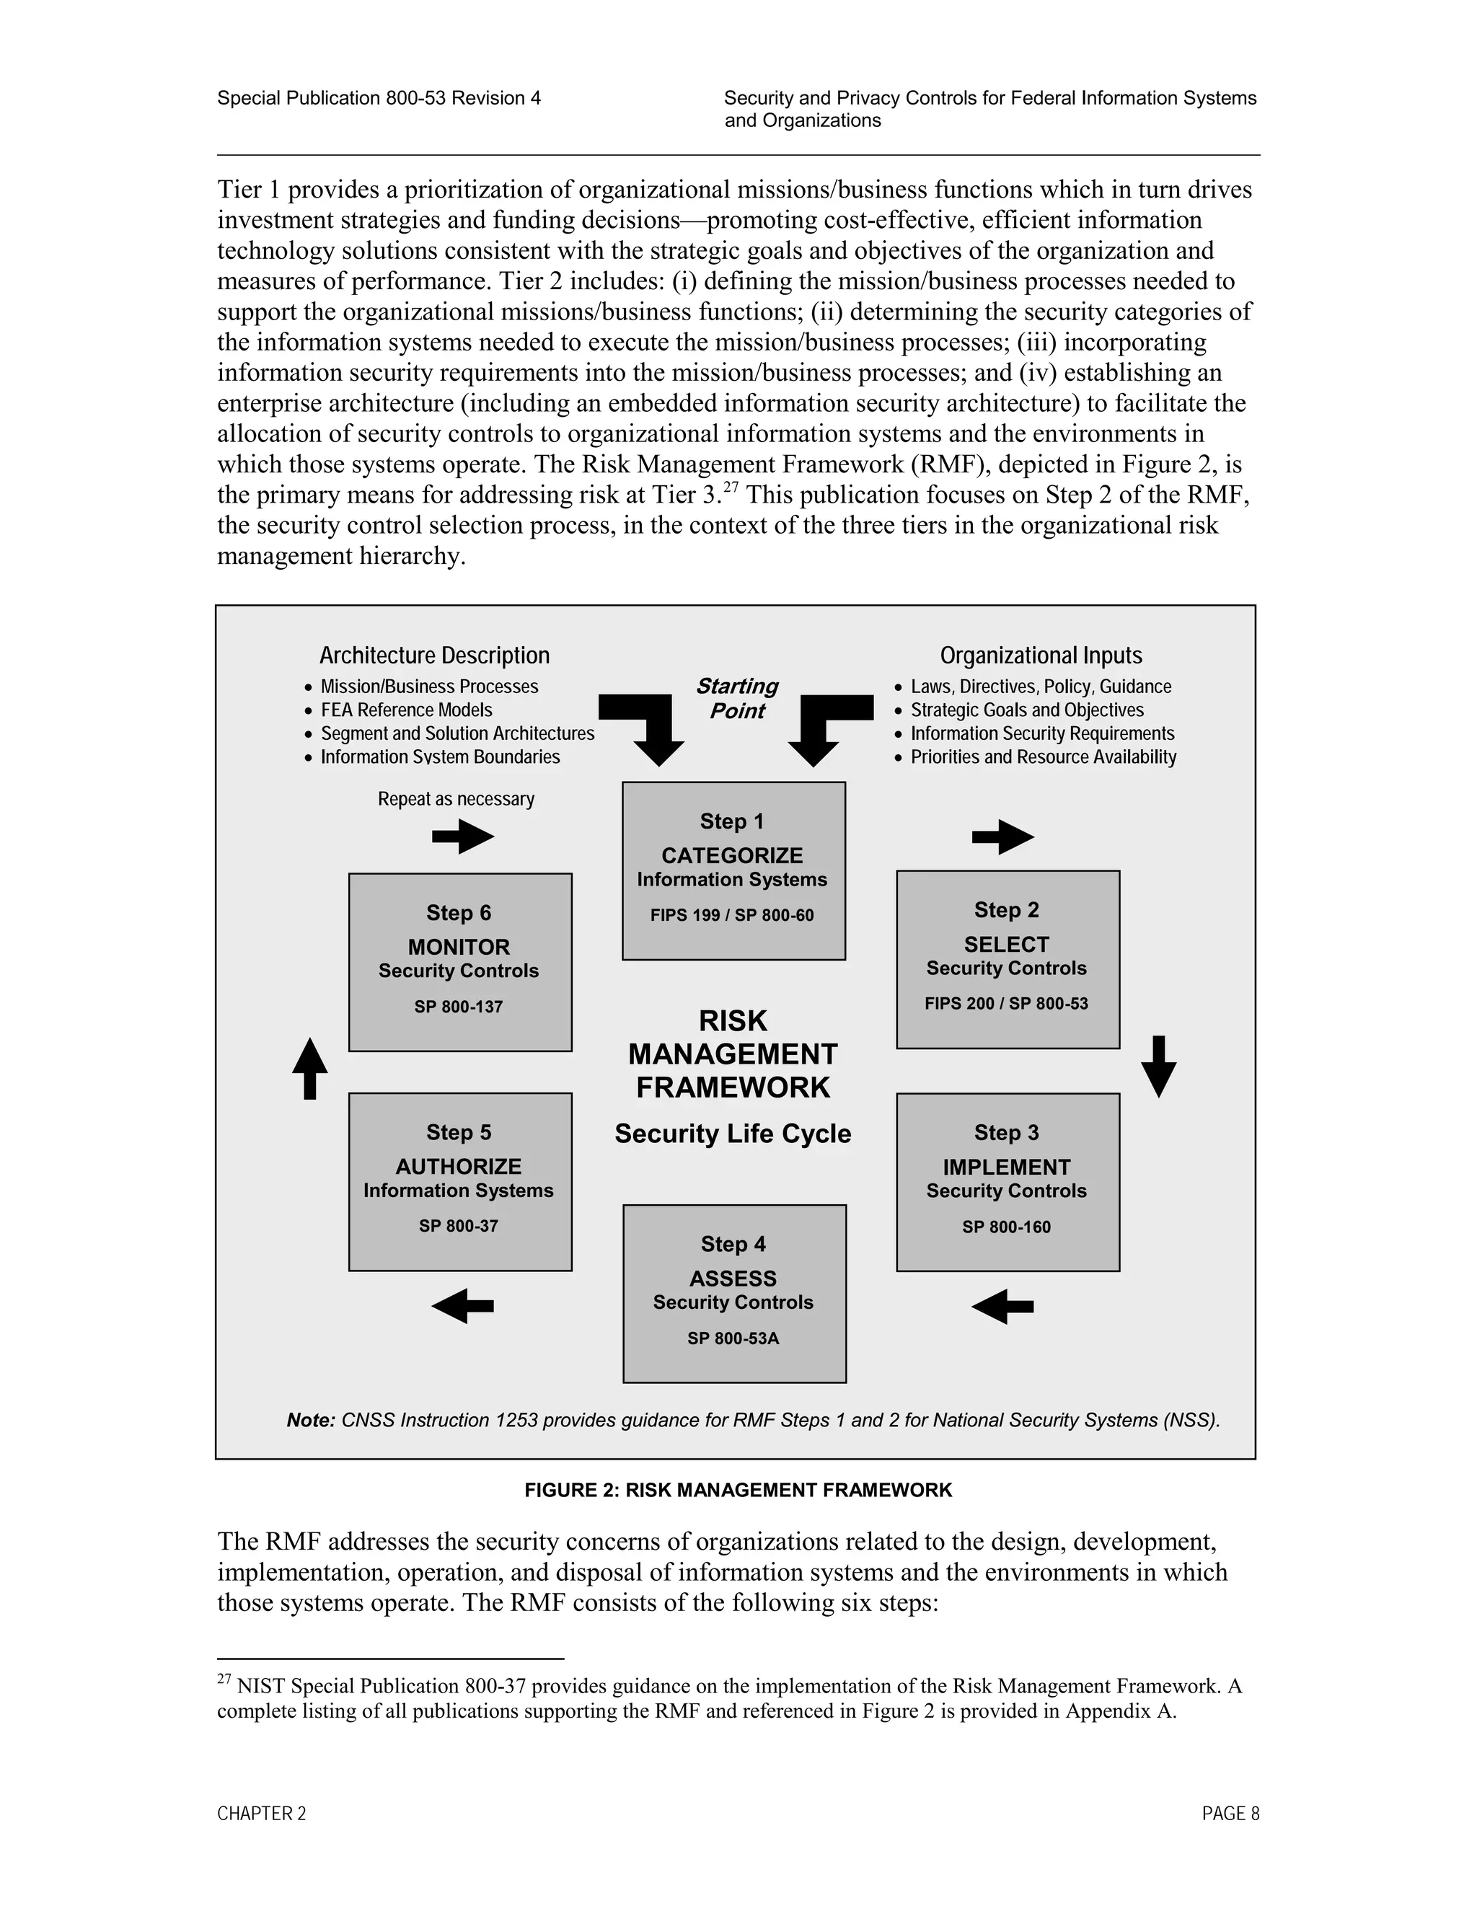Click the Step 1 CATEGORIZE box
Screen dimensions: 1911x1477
point(733,870)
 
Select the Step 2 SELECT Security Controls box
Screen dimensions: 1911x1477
point(1007,959)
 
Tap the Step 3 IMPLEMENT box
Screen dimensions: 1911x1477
point(1007,1181)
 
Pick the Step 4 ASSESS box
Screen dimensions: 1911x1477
point(733,1293)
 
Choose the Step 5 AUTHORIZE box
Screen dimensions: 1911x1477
point(459,1181)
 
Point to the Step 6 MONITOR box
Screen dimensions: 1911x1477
point(459,961)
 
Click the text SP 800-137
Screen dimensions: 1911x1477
point(459,1007)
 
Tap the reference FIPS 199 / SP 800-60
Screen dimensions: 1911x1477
point(731,915)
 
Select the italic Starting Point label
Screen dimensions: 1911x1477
point(737,698)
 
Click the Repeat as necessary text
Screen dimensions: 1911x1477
point(456,799)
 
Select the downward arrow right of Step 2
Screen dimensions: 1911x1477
point(1158,1066)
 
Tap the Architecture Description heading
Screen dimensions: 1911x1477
point(434,656)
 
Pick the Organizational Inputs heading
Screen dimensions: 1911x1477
point(1041,656)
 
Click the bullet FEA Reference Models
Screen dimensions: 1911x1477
point(406,710)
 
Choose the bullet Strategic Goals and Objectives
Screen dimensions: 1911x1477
point(1026,710)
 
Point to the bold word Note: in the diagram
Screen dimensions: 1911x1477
point(311,1420)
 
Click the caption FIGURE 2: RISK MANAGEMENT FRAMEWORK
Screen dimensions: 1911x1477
point(738,1490)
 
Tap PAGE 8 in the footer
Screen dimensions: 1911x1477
point(1230,1814)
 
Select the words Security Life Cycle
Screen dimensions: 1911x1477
point(733,1134)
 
